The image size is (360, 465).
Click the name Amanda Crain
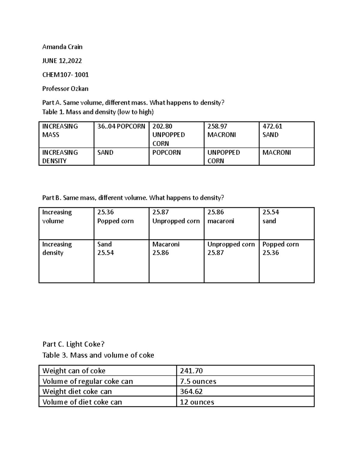pos(62,47)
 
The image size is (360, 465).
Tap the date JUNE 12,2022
pos(62,61)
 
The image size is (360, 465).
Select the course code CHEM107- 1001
pos(65,75)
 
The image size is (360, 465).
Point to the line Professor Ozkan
pos(65,89)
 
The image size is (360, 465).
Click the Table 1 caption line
pos(98,112)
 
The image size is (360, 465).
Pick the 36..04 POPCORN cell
pos(121,126)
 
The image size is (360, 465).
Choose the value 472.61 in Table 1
pos(272,126)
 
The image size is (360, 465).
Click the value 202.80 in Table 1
pos(162,126)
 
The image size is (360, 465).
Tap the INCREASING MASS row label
pos(60,131)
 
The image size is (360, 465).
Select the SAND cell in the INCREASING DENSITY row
pos(105,152)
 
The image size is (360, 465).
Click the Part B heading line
pos(133,198)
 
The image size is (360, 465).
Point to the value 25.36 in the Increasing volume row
pos(106,212)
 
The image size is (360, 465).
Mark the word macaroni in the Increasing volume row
pos(221,221)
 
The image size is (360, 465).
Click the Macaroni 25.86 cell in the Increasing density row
pos(166,249)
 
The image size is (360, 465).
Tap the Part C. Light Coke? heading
pos(73,344)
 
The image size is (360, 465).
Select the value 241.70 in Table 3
pos(191,371)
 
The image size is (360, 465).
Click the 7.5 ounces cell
pos(198,381)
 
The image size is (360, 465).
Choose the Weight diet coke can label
pos(77,391)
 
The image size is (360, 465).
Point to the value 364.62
pos(191,391)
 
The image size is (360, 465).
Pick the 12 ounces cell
pos(197,402)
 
